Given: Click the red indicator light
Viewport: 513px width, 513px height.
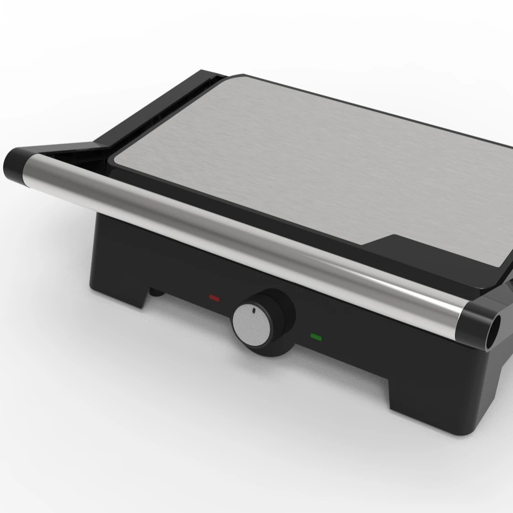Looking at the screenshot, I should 214,298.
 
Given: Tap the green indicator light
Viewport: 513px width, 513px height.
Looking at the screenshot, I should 316,338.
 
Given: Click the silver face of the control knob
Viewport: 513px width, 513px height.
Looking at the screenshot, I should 251,322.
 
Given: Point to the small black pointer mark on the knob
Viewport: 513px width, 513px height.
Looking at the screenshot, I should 253,311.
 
